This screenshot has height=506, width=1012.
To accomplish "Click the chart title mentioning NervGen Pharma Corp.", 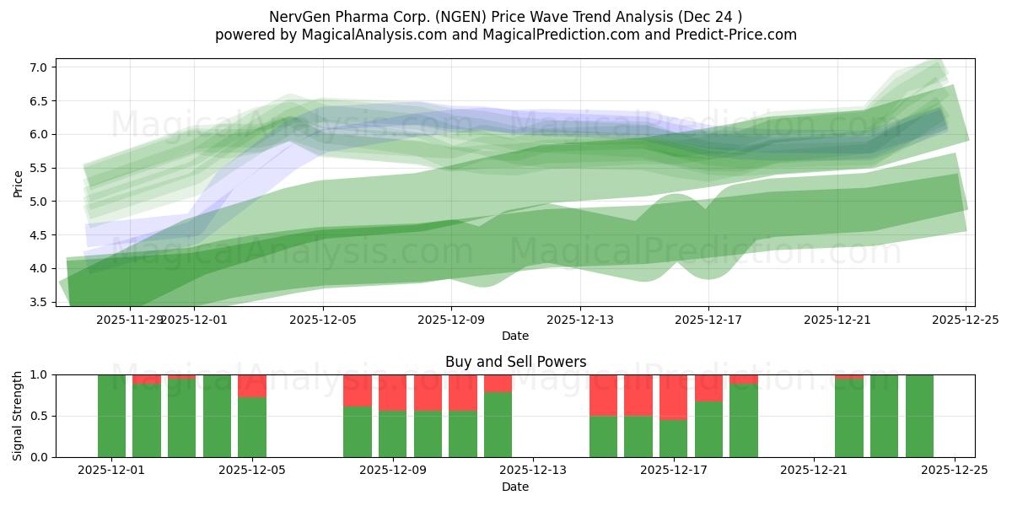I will tap(505, 17).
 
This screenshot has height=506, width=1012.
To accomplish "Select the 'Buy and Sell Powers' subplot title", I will tap(515, 362).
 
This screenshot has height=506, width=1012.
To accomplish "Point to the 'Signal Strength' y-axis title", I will tap(18, 416).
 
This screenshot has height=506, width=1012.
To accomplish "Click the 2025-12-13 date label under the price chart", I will tap(579, 320).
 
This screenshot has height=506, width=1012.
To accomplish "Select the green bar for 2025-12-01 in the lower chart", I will tap(111, 416).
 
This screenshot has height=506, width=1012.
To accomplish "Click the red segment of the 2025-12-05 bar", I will tap(252, 385).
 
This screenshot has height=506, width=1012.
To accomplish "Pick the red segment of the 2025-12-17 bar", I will tap(673, 396).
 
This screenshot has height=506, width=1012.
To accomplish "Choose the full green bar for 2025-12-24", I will tap(919, 416).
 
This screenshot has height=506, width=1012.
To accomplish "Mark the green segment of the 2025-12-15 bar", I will tap(603, 436).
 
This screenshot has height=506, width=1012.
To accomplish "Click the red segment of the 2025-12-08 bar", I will tap(358, 390).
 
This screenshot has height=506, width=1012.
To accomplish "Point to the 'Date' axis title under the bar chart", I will tap(515, 487).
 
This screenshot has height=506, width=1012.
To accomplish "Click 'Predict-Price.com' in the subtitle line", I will tap(738, 35).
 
